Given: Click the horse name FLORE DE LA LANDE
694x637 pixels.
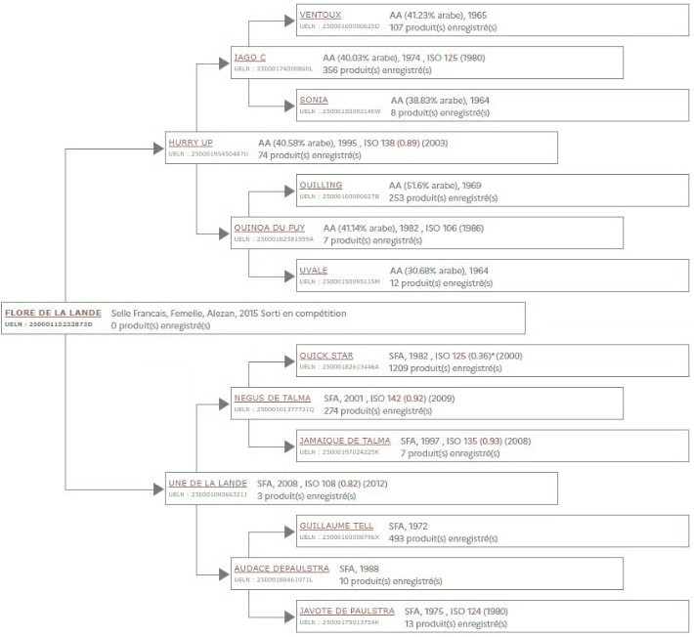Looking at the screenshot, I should (x=53, y=313).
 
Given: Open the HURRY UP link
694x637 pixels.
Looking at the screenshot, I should (x=190, y=143).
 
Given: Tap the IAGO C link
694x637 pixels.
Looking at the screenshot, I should (x=250, y=58).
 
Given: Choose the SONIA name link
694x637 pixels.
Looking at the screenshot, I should (x=314, y=100).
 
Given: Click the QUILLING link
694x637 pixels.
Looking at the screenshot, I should (x=322, y=185).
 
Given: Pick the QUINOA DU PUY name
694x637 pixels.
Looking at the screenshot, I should (x=271, y=228).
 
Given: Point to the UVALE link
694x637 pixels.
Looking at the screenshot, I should (x=314, y=271).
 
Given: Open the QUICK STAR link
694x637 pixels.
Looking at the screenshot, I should (x=326, y=356).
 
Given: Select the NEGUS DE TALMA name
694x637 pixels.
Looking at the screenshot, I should (x=271, y=398).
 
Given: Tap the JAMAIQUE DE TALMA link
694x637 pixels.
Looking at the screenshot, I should (x=344, y=441).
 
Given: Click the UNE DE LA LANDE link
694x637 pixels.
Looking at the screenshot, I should (x=207, y=483).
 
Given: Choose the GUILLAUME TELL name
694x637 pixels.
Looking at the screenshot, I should (x=336, y=526).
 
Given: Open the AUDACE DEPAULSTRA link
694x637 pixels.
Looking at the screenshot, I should (x=279, y=568).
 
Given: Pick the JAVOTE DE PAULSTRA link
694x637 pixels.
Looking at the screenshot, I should (x=344, y=611).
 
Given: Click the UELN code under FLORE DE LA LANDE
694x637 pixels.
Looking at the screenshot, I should (x=48, y=323).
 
